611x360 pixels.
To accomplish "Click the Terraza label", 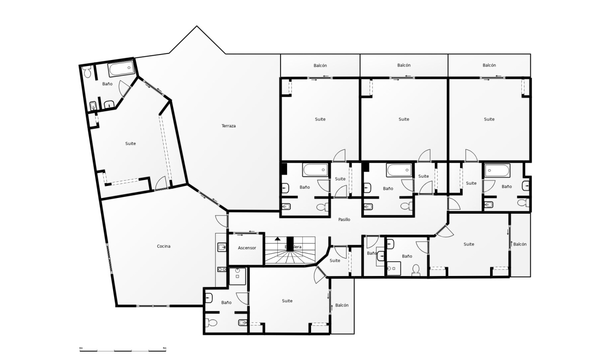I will coord(228,126).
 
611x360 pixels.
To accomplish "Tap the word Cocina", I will coord(163,246).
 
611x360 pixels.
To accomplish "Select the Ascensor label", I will coord(247,248).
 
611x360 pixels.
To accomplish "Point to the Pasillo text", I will coord(344,220).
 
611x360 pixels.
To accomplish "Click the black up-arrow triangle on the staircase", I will coord(277,239).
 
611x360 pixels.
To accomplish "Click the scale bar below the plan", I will coord(123,349).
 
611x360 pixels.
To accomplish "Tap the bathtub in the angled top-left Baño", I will coord(122,69).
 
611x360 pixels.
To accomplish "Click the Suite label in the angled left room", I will coord(131,144).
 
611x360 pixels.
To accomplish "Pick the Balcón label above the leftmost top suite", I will coord(320,66).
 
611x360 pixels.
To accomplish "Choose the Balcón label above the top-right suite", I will coord(489,66).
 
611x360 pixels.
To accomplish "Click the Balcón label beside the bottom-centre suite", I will coord(342,306).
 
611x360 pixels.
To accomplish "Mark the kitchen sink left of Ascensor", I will coord(222,247).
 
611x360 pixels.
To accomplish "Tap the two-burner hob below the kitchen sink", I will coord(222,269).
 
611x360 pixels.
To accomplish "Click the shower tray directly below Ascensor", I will coord(238,276).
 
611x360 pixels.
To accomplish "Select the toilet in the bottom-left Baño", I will coord(211,323).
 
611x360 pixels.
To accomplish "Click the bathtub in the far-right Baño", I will coord(496,171).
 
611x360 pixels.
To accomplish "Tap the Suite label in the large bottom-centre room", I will coord(287,301).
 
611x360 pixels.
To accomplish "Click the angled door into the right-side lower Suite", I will coord(444,231).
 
